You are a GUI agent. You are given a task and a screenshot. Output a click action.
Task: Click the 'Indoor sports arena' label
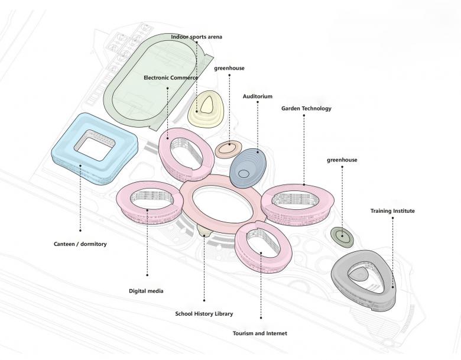[x=196, y=37]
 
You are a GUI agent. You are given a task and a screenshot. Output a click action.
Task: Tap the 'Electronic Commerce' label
[x=171, y=77]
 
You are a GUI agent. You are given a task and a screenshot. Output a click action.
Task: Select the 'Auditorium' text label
[x=257, y=96]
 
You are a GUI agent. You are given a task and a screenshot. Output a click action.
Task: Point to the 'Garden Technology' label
[x=306, y=108]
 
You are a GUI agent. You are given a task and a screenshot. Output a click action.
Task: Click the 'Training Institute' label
[x=392, y=210]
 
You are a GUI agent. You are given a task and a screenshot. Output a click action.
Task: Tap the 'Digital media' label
[x=146, y=291]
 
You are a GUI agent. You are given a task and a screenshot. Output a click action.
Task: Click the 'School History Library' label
[x=204, y=313]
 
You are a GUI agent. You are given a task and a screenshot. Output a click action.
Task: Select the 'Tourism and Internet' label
[x=260, y=333]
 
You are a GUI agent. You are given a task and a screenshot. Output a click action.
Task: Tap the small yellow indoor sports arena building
[x=207, y=108]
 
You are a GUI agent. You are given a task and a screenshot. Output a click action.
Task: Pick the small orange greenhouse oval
[x=228, y=148]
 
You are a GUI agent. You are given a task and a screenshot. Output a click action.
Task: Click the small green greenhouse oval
[x=342, y=236]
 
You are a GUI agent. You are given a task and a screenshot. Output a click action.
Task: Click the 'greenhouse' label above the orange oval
[x=229, y=68]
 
